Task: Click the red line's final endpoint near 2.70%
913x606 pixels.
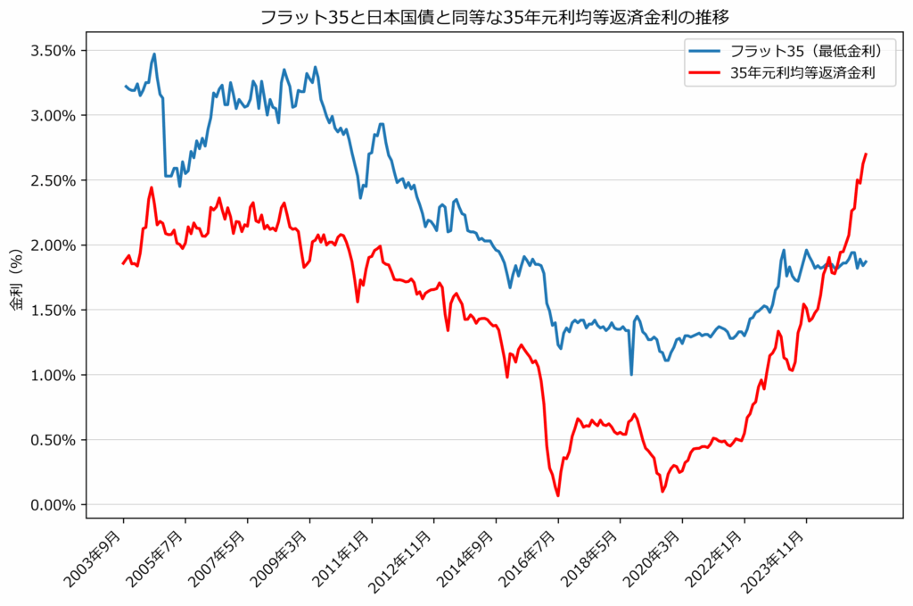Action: [866, 154]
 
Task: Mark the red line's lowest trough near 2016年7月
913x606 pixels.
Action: [558, 495]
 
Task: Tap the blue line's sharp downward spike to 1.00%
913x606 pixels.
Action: [631, 374]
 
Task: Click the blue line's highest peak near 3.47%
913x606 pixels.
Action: [154, 54]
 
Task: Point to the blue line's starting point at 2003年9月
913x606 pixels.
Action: [124, 86]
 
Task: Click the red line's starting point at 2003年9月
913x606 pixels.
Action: [124, 263]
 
